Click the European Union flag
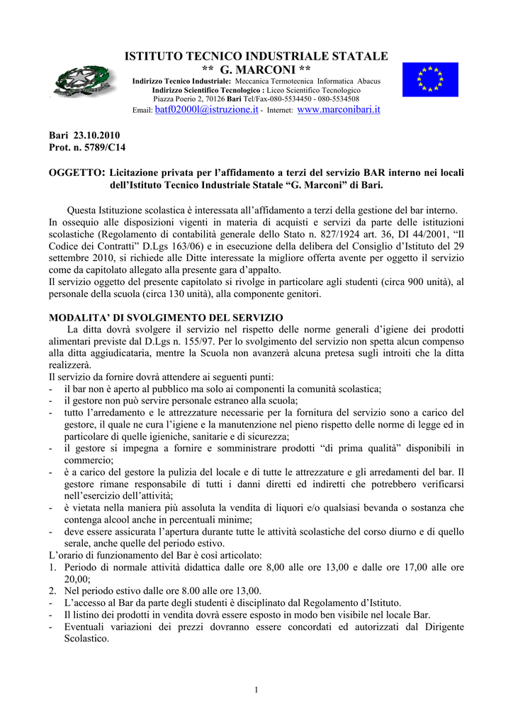click(430, 79)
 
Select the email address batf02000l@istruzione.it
click(206, 110)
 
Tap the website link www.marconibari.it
click(339, 110)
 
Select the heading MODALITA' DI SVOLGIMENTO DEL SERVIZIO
click(165, 317)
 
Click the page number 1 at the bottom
click(256, 691)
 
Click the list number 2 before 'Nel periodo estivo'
click(52, 591)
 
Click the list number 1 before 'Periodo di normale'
click(52, 567)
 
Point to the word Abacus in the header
click(368, 81)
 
